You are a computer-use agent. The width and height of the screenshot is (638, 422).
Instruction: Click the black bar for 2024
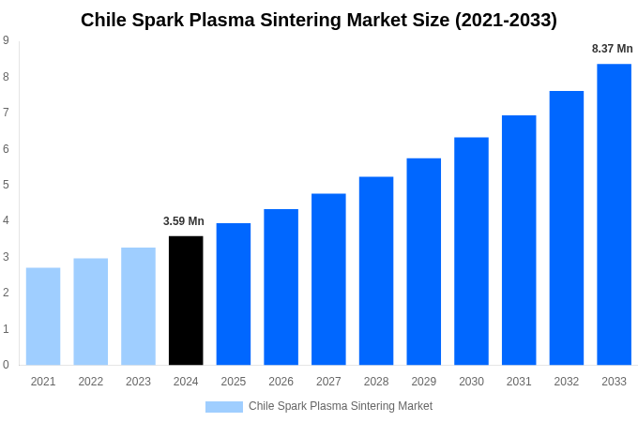[x=186, y=300]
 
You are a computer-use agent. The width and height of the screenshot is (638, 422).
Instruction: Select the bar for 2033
[x=614, y=214]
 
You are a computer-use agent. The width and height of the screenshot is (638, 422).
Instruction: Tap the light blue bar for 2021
[x=43, y=316]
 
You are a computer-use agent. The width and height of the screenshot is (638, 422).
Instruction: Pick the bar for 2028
[x=376, y=270]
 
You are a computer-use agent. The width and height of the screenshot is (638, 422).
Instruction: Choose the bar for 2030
[x=471, y=250]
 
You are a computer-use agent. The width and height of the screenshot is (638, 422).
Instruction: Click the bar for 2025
[x=234, y=294]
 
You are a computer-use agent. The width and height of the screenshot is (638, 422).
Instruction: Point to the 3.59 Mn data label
[x=184, y=221]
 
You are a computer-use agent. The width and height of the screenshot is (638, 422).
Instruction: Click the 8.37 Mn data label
[x=612, y=49]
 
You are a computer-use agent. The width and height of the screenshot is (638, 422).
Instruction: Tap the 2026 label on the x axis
[x=281, y=382]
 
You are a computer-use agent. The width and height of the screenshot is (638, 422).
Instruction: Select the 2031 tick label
[x=519, y=382]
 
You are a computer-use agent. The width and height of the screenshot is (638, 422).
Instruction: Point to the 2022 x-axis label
[x=91, y=382]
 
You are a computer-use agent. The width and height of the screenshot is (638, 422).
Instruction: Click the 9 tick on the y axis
[x=6, y=40]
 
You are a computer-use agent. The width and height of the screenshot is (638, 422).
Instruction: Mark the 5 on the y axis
[x=6, y=185]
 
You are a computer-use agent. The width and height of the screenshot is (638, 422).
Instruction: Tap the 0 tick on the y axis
[x=6, y=365]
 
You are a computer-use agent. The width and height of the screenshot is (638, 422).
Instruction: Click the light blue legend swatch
[x=223, y=407]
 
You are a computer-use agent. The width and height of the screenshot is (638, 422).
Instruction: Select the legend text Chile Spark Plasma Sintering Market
[x=341, y=406]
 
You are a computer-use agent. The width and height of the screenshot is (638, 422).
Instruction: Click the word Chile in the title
[x=104, y=20]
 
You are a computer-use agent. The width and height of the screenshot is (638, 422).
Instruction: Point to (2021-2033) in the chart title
[x=506, y=20]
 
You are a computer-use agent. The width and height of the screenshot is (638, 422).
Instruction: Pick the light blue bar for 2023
[x=138, y=306]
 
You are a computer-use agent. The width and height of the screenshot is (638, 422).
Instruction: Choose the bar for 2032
[x=567, y=228]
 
